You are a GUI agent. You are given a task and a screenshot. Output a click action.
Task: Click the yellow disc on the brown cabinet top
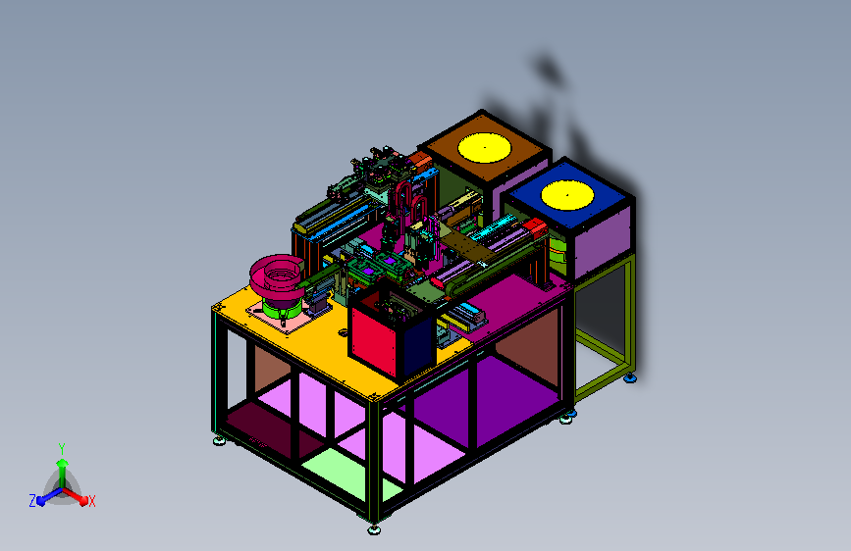(x=484, y=147)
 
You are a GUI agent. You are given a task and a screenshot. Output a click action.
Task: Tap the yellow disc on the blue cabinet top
(x=567, y=195)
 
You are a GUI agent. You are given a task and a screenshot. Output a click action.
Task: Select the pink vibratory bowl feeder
(x=276, y=276)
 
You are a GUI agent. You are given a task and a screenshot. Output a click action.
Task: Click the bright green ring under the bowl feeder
(x=282, y=310)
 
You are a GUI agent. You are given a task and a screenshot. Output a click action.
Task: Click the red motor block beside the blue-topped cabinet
(x=535, y=226)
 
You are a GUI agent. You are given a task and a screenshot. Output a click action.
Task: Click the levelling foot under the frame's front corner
(x=374, y=529)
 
